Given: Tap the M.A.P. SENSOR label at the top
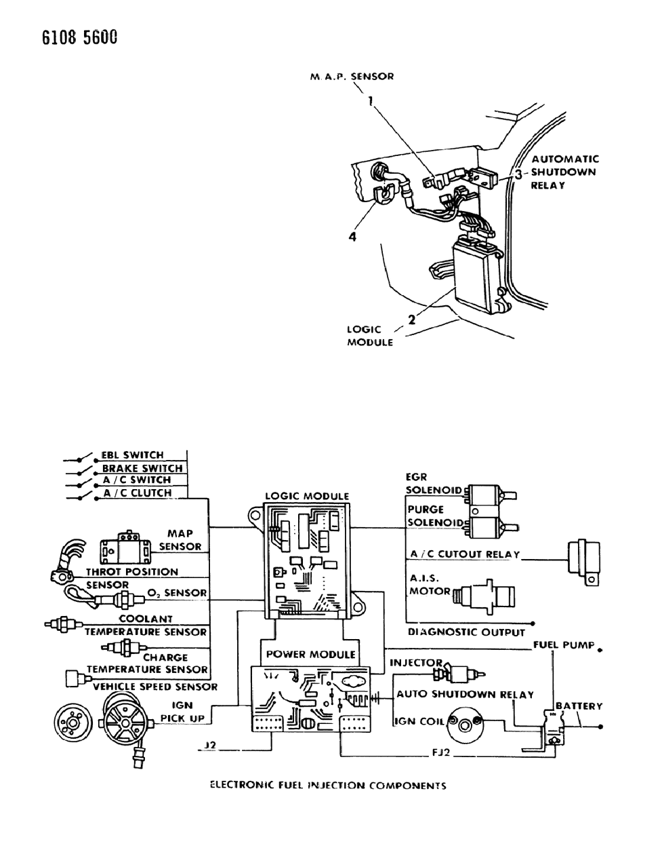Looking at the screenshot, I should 352,77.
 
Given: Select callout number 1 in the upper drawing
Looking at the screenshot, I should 371,101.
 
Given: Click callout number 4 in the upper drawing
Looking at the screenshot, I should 352,237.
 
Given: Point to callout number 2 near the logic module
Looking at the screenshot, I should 411,320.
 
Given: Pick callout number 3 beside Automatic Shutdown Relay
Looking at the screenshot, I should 518,174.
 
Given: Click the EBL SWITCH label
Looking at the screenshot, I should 132,455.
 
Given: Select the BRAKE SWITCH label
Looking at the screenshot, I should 142,468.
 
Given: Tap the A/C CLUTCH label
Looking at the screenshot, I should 138,493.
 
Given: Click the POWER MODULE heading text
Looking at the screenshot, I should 310,655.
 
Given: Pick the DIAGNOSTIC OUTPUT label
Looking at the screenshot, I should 466,632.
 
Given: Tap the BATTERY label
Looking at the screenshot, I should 579,706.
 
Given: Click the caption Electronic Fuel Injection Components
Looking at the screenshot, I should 328,786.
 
